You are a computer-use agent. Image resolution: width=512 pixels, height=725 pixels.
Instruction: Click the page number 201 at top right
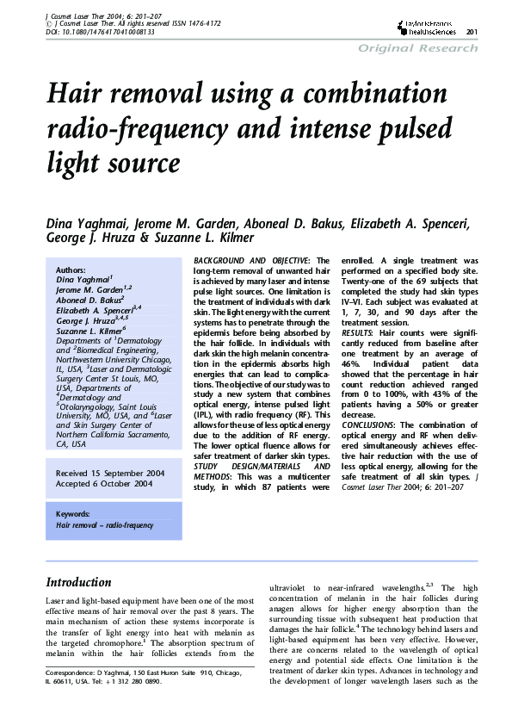pyautogui.click(x=472, y=33)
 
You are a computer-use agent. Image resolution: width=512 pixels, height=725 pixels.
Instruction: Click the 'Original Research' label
pyautogui.click(x=417, y=48)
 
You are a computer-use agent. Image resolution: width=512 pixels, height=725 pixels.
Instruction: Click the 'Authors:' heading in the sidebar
pyautogui.click(x=71, y=270)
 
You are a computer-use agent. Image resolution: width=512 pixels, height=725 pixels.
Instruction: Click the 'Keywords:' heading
pyautogui.click(x=73, y=514)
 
